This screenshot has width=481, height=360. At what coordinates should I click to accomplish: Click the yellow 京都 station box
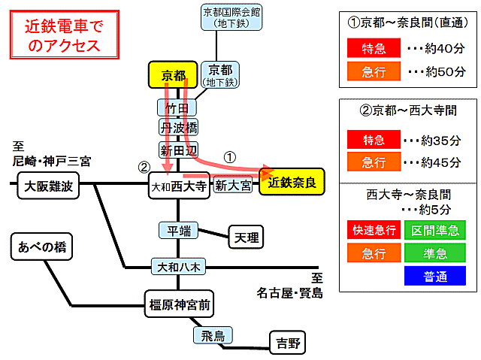tap(173, 75)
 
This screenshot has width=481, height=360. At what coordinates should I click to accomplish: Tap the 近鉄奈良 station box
tap(292, 182)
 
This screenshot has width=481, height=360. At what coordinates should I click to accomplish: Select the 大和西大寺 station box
tap(179, 186)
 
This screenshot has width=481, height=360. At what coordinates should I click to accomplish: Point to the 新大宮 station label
tap(233, 185)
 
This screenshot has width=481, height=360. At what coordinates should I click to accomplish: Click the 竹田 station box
tap(177, 107)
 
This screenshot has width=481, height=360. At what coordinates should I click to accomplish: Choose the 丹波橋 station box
tap(178, 127)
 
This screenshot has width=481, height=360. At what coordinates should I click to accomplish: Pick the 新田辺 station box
tap(178, 150)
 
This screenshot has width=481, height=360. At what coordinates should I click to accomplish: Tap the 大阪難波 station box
tap(48, 186)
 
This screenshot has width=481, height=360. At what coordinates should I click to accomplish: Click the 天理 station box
tap(246, 237)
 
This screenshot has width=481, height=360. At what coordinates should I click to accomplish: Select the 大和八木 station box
tap(178, 267)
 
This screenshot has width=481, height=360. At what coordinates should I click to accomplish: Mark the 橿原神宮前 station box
tap(179, 304)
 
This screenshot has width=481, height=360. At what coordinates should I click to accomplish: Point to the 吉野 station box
tap(287, 342)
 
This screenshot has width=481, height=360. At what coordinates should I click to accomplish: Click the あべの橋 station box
tap(42, 247)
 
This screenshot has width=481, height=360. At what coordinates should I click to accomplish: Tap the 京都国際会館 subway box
tap(231, 17)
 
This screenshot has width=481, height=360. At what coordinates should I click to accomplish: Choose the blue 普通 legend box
tap(435, 276)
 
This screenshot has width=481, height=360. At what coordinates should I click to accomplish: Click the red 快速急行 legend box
tap(374, 230)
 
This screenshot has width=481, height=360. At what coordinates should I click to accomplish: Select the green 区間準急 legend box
tap(435, 230)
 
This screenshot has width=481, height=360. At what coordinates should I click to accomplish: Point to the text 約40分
tap(445, 48)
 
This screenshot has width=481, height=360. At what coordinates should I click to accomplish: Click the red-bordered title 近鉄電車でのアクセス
tap(65, 35)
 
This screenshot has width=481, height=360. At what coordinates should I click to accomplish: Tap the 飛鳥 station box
tap(213, 335)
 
